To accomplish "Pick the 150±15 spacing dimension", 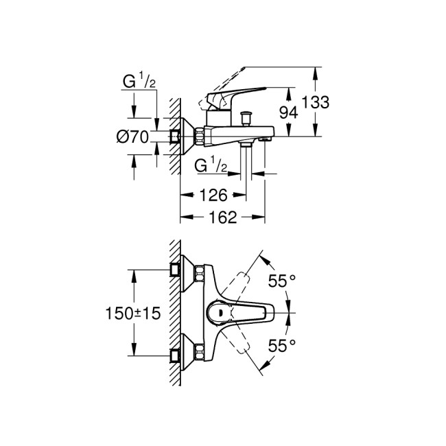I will [132, 312].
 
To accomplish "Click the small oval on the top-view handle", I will [219, 312].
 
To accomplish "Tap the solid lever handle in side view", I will [240, 93].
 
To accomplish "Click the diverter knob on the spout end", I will [263, 140].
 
